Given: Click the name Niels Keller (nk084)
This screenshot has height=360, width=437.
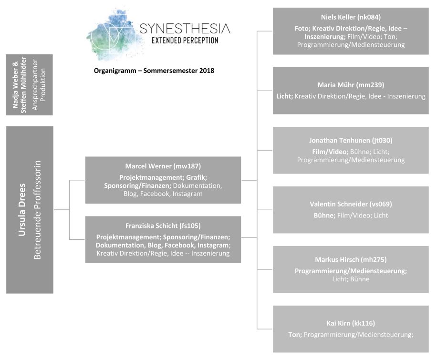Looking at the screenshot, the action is [x=351, y=17].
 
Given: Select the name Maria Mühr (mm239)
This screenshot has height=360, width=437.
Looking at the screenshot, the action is [x=351, y=85].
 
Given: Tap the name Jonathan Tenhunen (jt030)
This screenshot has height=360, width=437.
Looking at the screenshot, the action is [x=351, y=141].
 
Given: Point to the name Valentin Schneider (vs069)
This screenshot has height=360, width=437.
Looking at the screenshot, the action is [x=351, y=204].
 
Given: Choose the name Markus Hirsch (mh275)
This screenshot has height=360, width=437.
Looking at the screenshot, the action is [x=351, y=260].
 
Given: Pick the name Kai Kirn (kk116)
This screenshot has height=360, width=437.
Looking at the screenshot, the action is [x=351, y=323].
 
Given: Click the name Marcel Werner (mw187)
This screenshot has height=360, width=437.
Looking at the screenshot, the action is [x=163, y=166].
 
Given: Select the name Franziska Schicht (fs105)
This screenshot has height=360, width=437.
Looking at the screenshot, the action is [x=163, y=226].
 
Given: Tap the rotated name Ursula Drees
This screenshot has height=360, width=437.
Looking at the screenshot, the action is [x=22, y=210].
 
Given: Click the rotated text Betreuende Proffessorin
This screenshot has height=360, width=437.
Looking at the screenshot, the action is [x=37, y=210].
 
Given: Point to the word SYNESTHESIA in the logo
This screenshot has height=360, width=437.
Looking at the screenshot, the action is [x=185, y=29].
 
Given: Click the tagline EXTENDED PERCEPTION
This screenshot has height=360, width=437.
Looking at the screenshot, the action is [x=185, y=41].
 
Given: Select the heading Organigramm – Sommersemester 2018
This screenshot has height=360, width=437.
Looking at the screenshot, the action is [x=154, y=71].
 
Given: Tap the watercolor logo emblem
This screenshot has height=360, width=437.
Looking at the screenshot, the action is [x=113, y=35].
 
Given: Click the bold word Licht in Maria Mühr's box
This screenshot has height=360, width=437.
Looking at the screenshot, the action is [x=284, y=96].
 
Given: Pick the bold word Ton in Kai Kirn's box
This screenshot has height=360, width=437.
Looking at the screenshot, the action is [x=295, y=334].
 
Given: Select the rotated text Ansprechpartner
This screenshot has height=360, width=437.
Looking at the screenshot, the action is [x=35, y=85].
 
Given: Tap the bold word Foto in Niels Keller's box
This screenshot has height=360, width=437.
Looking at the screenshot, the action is [x=302, y=29].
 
